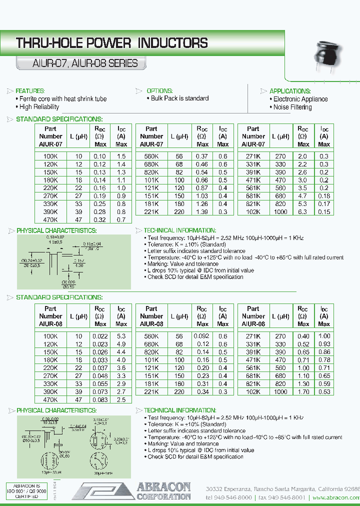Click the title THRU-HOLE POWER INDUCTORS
point(112,43)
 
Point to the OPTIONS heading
point(159,91)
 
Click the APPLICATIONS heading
point(290,91)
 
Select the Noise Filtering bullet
point(292,107)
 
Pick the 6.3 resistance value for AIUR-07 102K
point(302,212)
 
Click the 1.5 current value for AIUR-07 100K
point(121,156)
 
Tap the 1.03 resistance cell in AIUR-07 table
point(202,196)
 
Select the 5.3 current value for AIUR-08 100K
point(121,336)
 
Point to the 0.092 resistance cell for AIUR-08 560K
point(202,336)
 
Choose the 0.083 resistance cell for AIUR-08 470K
point(100,399)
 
